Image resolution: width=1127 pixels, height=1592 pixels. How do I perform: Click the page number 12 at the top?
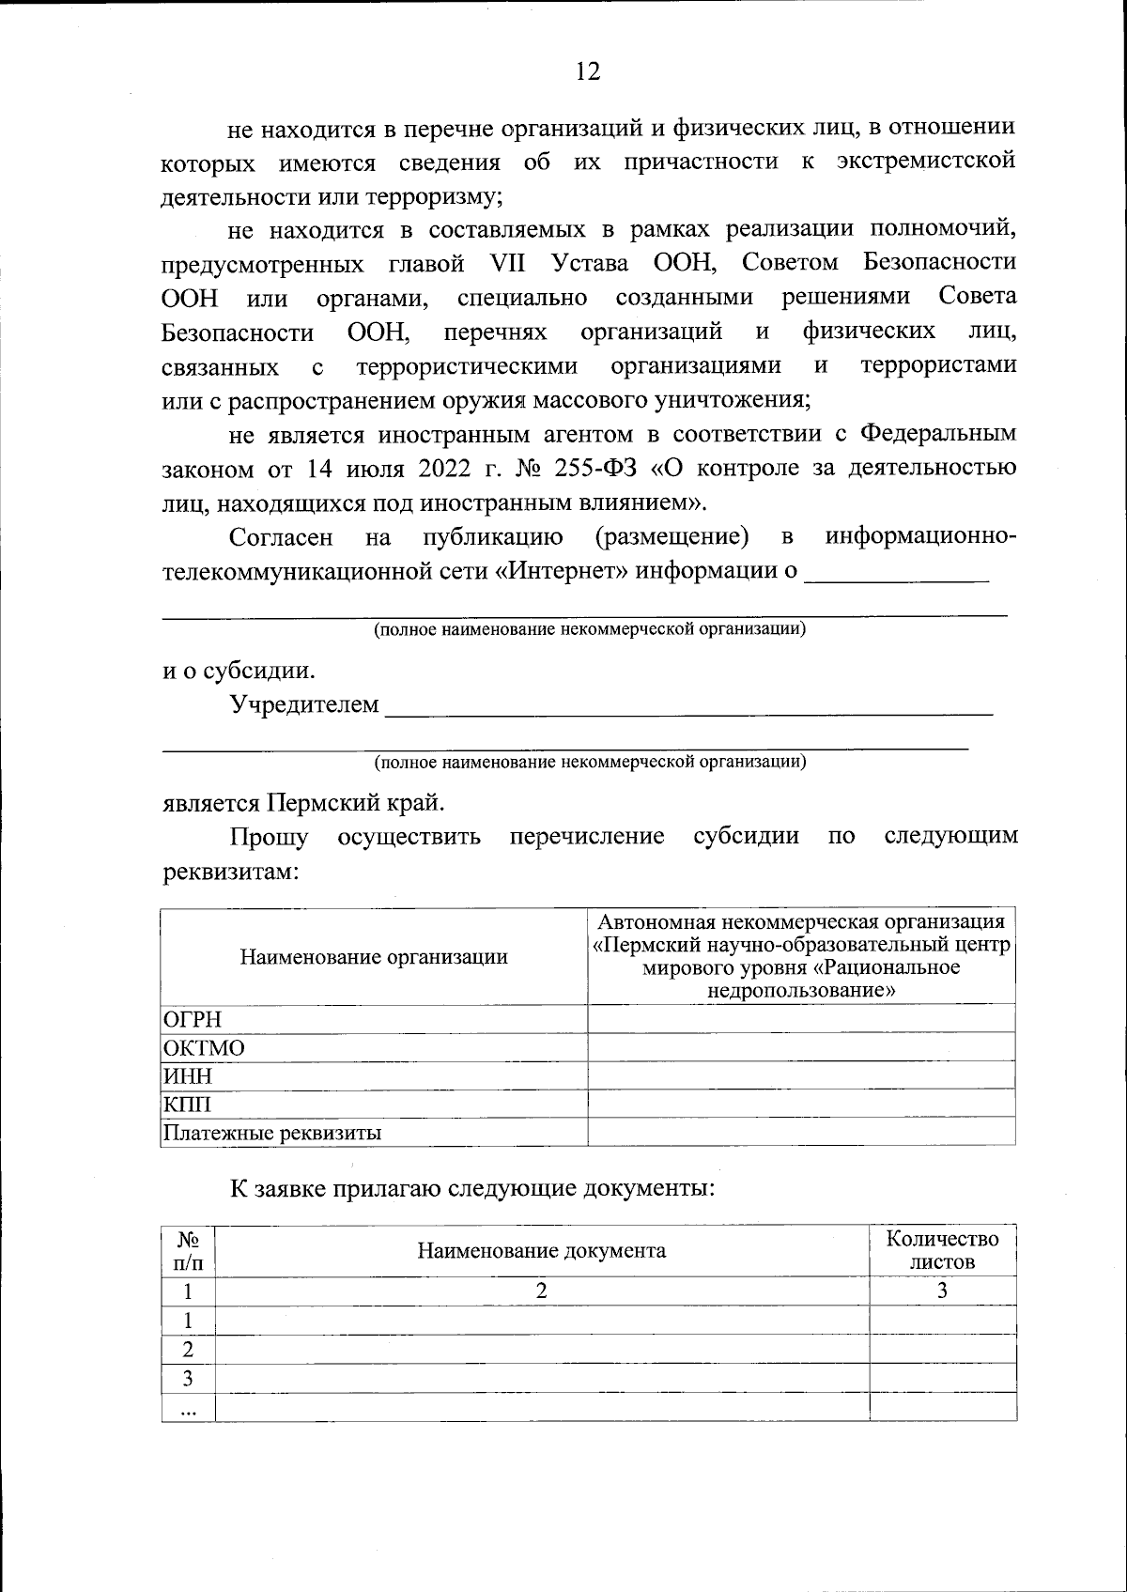[588, 71]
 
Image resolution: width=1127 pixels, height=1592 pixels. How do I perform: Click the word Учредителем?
[305, 703]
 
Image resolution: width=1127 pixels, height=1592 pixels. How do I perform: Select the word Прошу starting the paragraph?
[270, 836]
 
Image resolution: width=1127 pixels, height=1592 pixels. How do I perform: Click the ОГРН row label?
[193, 1019]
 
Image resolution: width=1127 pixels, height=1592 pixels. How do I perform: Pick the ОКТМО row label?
[204, 1047]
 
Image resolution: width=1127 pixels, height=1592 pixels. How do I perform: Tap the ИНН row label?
[188, 1075]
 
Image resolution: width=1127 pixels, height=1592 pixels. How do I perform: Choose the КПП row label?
[188, 1104]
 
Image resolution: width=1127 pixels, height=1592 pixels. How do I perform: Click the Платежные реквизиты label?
[272, 1132]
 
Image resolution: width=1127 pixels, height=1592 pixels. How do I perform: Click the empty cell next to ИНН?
[801, 1075]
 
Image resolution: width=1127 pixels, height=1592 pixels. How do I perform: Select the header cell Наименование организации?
[374, 956]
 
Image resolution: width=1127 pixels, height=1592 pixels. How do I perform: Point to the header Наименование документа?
[542, 1250]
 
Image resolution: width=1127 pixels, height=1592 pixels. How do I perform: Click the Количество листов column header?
[942, 1250]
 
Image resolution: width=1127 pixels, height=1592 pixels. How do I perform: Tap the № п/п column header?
[188, 1250]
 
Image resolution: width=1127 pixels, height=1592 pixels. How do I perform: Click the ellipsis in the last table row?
[188, 1408]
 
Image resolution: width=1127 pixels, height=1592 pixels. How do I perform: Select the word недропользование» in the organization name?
[801, 990]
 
